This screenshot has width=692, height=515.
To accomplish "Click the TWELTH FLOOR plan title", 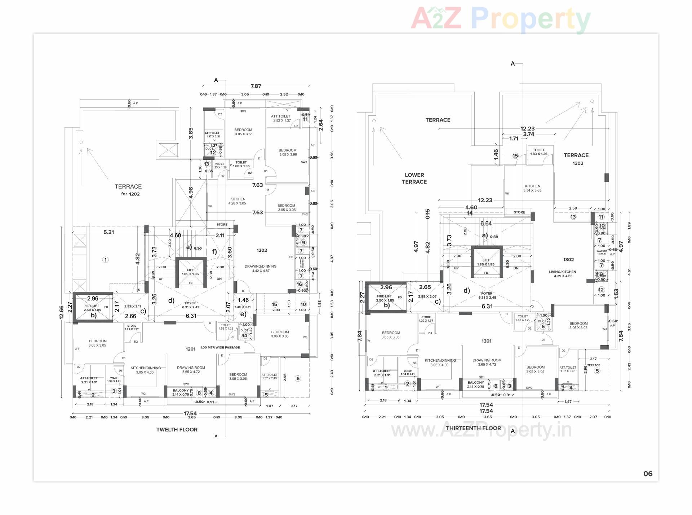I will point(177,430).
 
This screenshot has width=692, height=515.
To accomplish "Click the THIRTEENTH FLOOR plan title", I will point(473,428).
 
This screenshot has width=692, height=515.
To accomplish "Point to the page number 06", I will point(648,474).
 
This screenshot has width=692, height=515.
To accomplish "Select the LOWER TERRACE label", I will point(414,178).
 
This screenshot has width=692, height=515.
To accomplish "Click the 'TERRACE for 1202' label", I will point(128,190).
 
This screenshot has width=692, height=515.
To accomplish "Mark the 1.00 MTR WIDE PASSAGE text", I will point(220,347).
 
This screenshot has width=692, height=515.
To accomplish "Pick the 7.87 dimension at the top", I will point(256,86).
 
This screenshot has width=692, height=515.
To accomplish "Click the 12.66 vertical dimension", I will point(62,312).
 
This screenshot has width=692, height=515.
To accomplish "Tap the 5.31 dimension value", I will point(108,232).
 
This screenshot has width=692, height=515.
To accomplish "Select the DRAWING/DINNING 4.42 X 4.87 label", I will point(261,268).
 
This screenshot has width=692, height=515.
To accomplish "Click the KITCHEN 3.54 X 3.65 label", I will point(532,188).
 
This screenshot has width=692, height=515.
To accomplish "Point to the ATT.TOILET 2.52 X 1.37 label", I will point(281,118).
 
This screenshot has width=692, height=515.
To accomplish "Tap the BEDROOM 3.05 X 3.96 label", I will point(288,152).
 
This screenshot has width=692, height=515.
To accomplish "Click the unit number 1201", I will point(190,349).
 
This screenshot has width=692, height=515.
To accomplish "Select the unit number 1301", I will point(486,341).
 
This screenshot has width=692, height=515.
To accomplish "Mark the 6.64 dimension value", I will point(486,224).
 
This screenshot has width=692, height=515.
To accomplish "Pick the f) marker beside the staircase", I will point(214,252).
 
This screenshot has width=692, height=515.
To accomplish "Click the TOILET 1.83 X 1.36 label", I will point(538,152).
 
